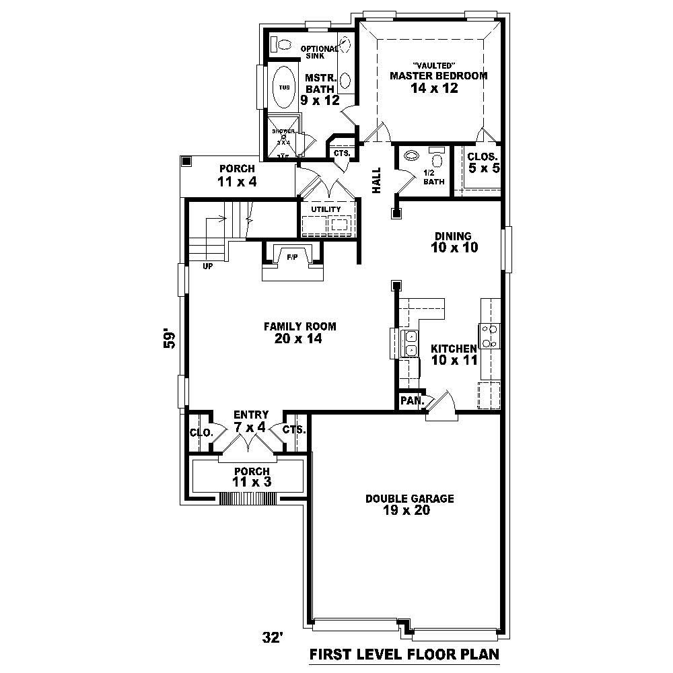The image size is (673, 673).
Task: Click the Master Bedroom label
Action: click(x=438, y=76)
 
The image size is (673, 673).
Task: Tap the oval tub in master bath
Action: click(x=284, y=87)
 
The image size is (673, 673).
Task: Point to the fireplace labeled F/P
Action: click(x=292, y=257)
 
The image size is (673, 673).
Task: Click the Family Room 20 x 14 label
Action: click(x=299, y=332)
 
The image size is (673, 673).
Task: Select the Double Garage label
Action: click(x=409, y=504)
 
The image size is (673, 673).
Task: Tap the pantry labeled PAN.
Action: click(x=411, y=401)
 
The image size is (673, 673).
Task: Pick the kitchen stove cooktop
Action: click(x=489, y=335)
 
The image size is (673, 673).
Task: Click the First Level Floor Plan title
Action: click(x=404, y=653)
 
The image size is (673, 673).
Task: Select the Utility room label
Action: click(x=326, y=209)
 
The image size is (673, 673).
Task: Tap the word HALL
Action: click(x=376, y=180)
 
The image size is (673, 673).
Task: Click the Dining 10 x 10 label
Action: click(x=456, y=242)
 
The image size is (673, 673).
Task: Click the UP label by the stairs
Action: click(x=208, y=267)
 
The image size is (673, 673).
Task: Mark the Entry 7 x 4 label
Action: click(x=250, y=421)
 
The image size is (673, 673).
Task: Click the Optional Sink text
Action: click(x=318, y=52)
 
